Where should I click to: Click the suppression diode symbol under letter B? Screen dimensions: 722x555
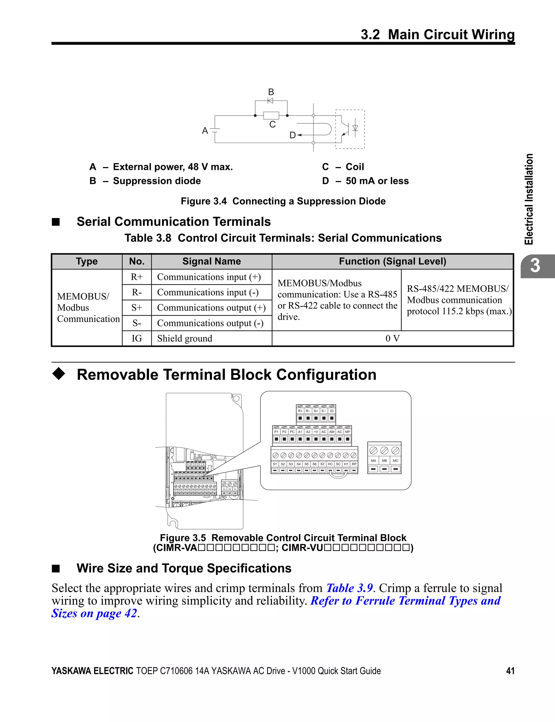coord(270,101)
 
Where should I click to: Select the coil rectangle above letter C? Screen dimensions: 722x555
coord(271,115)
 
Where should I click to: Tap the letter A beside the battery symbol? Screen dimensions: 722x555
coord(205,131)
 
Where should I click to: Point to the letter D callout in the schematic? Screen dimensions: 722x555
coord(293,135)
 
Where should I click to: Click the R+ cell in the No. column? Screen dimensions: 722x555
coord(137,277)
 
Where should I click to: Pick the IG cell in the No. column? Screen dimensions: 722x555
coord(137,338)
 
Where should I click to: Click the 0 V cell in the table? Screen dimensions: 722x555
coord(392,338)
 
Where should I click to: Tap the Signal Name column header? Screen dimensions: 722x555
coord(211,261)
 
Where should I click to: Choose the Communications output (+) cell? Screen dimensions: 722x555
coord(211,308)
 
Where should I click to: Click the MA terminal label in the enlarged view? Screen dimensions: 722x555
coord(373,461)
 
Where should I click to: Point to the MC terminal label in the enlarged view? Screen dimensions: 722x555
coord(395,461)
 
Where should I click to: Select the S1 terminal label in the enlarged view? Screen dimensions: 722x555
coord(275,464)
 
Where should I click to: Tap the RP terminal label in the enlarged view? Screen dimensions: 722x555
coord(354,464)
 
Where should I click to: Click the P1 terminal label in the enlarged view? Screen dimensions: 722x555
coord(276,432)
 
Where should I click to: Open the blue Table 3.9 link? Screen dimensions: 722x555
coord(350,588)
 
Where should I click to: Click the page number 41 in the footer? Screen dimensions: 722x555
coord(510,671)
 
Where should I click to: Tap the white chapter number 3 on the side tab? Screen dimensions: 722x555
coord(535,266)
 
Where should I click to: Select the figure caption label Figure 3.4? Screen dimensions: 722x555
coord(204,201)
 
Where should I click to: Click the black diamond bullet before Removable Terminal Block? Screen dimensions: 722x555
coord(59,374)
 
